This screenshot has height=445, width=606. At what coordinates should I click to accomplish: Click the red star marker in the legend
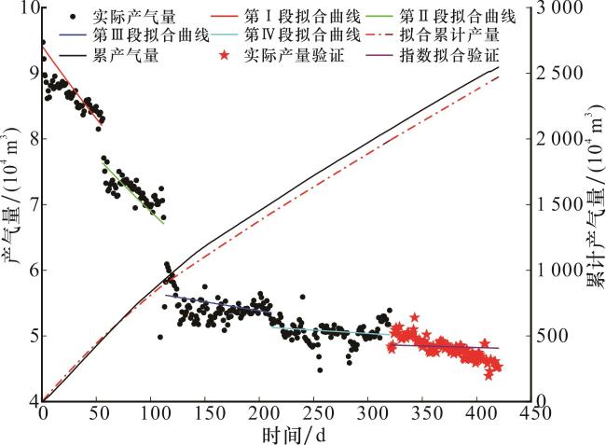click(x=226, y=56)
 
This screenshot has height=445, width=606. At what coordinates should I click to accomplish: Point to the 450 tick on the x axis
click(x=528, y=412)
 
